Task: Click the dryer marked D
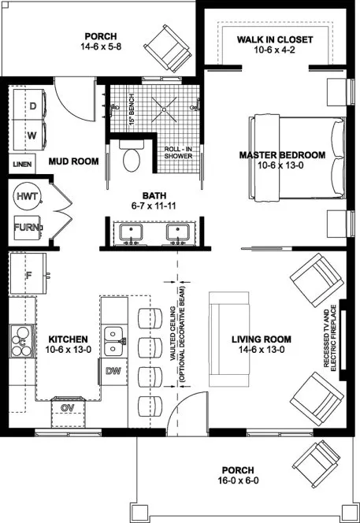[33, 104]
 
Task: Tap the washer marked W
[33, 134]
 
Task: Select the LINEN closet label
[23, 165]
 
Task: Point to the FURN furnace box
[25, 229]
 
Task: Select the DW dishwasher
[113, 370]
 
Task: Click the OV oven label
[68, 407]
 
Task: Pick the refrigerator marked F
[30, 276]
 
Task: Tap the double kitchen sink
[115, 339]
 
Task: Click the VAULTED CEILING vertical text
[173, 335]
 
